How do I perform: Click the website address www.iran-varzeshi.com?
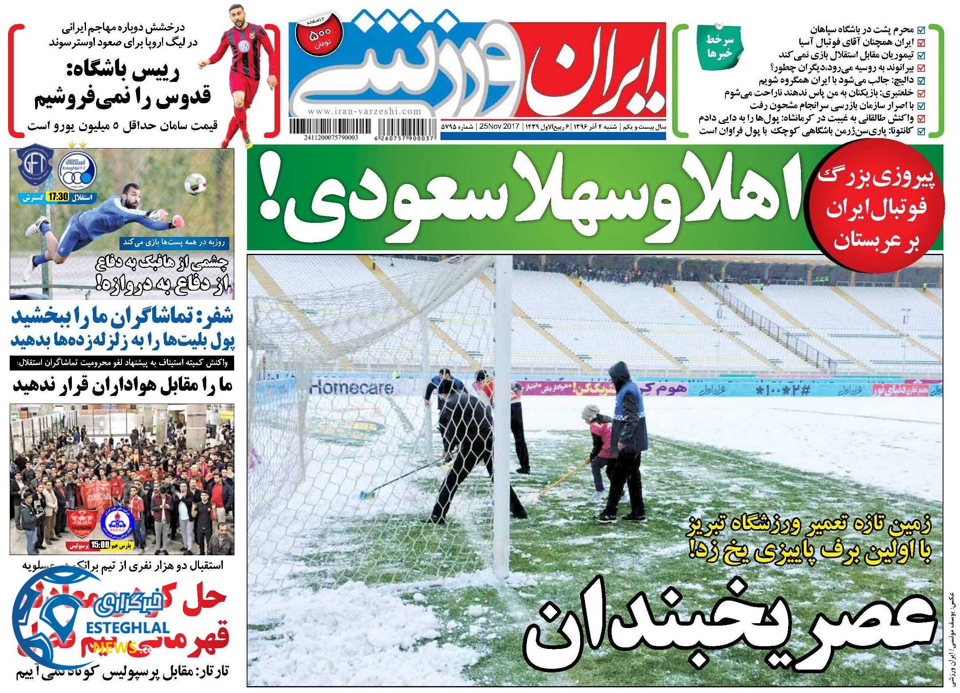click(364, 112)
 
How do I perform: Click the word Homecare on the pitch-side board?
click(352, 386)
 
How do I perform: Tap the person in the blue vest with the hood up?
click(626, 431)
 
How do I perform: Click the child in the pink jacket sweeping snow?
click(597, 448)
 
